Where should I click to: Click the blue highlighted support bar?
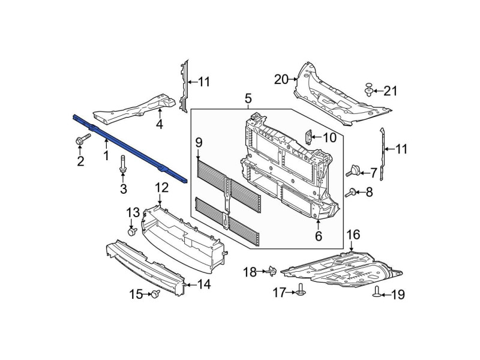pos(130,149)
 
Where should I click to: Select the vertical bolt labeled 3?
pos(123,164)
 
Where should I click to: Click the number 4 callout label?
pos(160,124)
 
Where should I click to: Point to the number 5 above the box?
pos(248,98)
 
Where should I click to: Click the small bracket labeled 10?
pos(309,137)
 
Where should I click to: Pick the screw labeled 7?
pos(353,170)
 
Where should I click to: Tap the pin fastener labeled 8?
pos(350,193)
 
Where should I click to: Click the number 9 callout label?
pos(199,142)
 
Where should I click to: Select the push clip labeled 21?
pos(370,89)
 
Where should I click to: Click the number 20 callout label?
pos(281,80)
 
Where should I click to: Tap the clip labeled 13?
pos(132,232)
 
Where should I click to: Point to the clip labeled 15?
pos(156,293)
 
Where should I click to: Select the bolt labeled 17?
pos(301,290)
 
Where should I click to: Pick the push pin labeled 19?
pos(377,292)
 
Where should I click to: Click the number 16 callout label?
pos(353,235)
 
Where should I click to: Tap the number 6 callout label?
pos(319,236)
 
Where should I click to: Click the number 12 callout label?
pos(161,187)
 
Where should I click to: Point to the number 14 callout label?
pos(204,284)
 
